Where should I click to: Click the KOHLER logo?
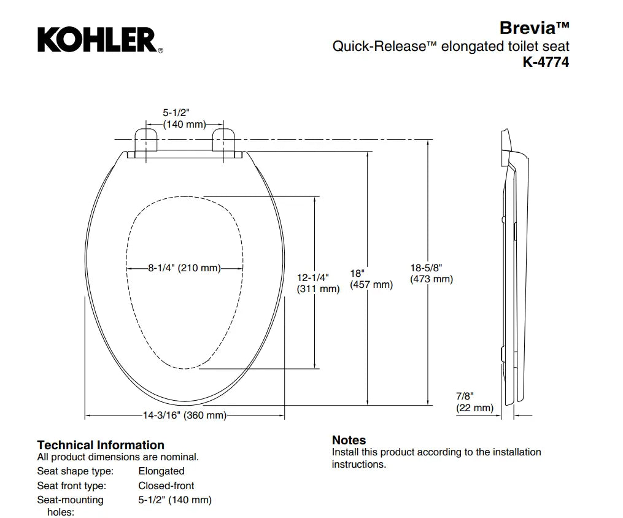tap(100, 40)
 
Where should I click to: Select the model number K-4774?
tap(546, 62)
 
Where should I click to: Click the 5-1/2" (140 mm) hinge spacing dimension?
tap(184, 118)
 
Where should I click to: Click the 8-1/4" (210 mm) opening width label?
tap(184, 268)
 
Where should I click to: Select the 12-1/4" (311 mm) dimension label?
tap(319, 283)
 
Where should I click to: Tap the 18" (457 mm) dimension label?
tap(371, 279)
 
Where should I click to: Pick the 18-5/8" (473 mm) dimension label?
tap(431, 273)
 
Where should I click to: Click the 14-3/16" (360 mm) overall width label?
tap(185, 415)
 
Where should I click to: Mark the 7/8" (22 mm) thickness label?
tap(474, 402)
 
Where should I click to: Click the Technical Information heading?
tap(101, 445)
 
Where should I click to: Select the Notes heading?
tap(349, 440)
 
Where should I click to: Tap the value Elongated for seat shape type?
tap(161, 471)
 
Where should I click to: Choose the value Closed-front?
tap(166, 486)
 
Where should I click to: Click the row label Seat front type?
tap(72, 486)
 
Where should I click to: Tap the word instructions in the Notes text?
tap(359, 465)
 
